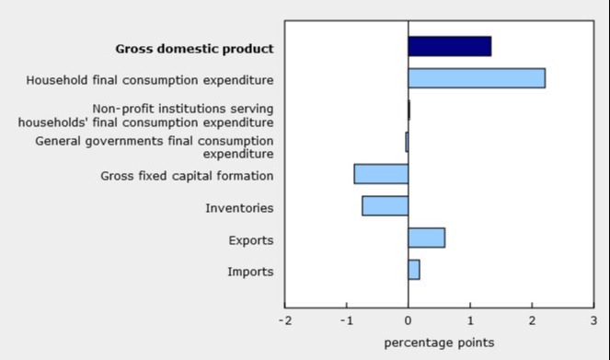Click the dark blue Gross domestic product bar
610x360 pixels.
coord(449,46)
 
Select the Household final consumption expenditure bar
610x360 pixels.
coord(476,78)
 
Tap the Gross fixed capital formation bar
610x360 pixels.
coord(381,174)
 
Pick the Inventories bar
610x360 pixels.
coord(385,205)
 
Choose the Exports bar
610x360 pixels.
coord(426,238)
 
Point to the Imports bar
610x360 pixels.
coord(414,270)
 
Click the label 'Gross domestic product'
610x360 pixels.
coord(194,49)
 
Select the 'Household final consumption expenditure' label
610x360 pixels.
coord(150,80)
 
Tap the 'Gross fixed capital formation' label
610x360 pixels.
coord(187,176)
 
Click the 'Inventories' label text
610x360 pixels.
coord(239,208)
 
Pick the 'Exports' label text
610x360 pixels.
coord(250,240)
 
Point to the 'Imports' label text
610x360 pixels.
coord(249,272)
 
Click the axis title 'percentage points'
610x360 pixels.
coord(439,343)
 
